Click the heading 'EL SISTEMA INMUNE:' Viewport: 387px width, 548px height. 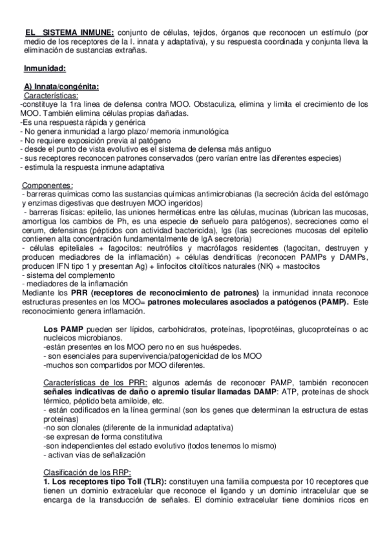click(x=69, y=33)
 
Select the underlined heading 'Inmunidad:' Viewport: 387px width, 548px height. click(x=44, y=68)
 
